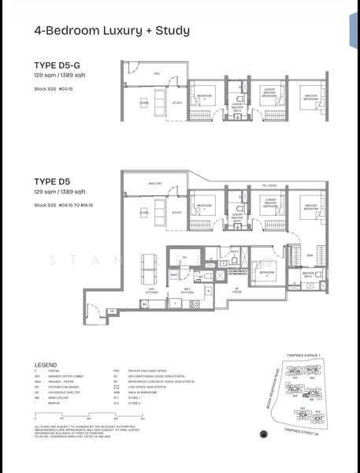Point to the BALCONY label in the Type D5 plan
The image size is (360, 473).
[155, 184]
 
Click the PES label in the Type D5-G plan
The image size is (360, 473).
[157, 73]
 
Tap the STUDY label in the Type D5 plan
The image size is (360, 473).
[176, 213]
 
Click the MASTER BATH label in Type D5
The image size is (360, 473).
[308, 275]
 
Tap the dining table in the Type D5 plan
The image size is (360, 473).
[147, 268]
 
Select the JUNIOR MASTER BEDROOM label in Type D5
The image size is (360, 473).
[270, 203]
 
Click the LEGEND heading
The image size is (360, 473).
[46, 365]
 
